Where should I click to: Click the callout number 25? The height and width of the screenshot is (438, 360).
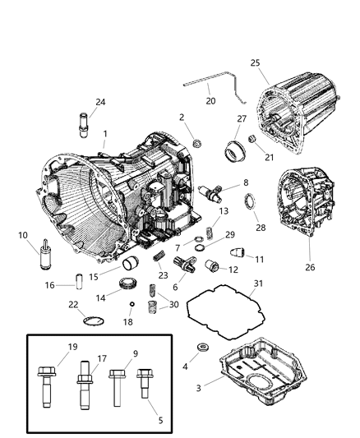(255, 63)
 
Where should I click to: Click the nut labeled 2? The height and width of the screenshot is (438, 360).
(196, 145)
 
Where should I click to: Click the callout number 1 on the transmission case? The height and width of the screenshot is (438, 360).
(104, 133)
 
